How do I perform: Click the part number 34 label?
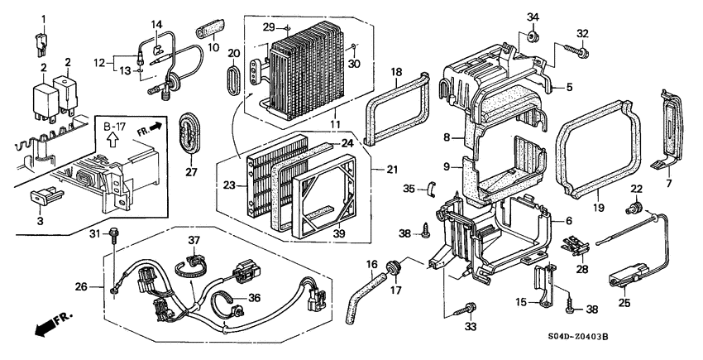[533, 17]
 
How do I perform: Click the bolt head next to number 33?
[470, 309]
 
